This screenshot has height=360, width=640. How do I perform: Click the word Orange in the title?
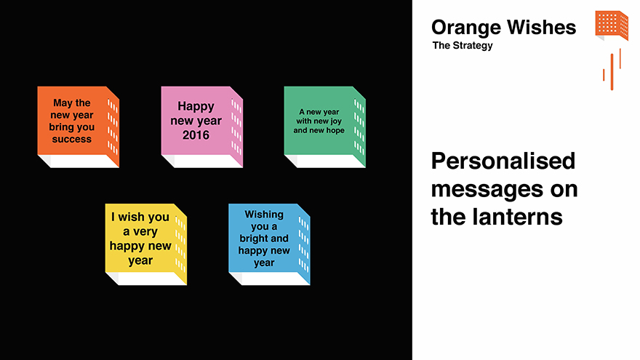click(x=465, y=28)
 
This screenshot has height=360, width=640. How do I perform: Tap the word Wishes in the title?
click(x=542, y=28)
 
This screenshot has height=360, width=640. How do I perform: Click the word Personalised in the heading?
click(x=503, y=161)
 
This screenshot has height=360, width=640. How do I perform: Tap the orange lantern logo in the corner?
click(x=612, y=25)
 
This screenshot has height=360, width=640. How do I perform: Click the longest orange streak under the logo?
click(x=612, y=72)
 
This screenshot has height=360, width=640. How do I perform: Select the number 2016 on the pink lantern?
click(x=196, y=135)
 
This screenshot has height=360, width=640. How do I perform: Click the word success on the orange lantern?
click(x=71, y=139)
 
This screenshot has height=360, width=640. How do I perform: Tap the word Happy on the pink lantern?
click(x=196, y=107)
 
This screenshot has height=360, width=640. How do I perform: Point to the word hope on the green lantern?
click(x=335, y=131)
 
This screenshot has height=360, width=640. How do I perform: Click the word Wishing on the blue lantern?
click(x=264, y=215)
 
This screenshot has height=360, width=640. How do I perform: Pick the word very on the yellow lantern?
click(x=145, y=232)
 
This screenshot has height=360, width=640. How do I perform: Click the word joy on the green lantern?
click(x=336, y=121)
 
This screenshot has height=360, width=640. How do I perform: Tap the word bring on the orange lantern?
click(x=61, y=127)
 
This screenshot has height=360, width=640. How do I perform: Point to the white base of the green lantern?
click(x=324, y=161)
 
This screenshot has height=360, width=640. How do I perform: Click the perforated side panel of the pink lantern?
click(x=237, y=127)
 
